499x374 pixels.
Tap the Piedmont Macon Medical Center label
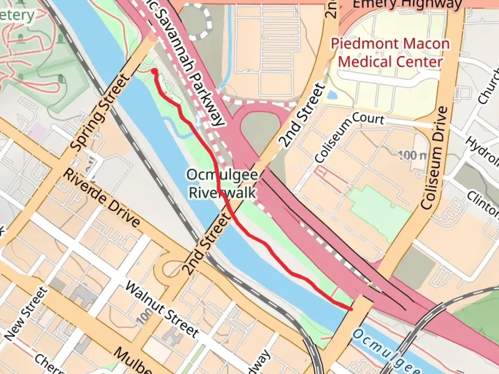390,53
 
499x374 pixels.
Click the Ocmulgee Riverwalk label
222,184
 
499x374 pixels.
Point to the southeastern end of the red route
351,309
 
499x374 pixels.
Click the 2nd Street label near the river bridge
207,244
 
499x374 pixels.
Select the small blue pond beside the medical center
331,94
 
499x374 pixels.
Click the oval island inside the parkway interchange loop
260,128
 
